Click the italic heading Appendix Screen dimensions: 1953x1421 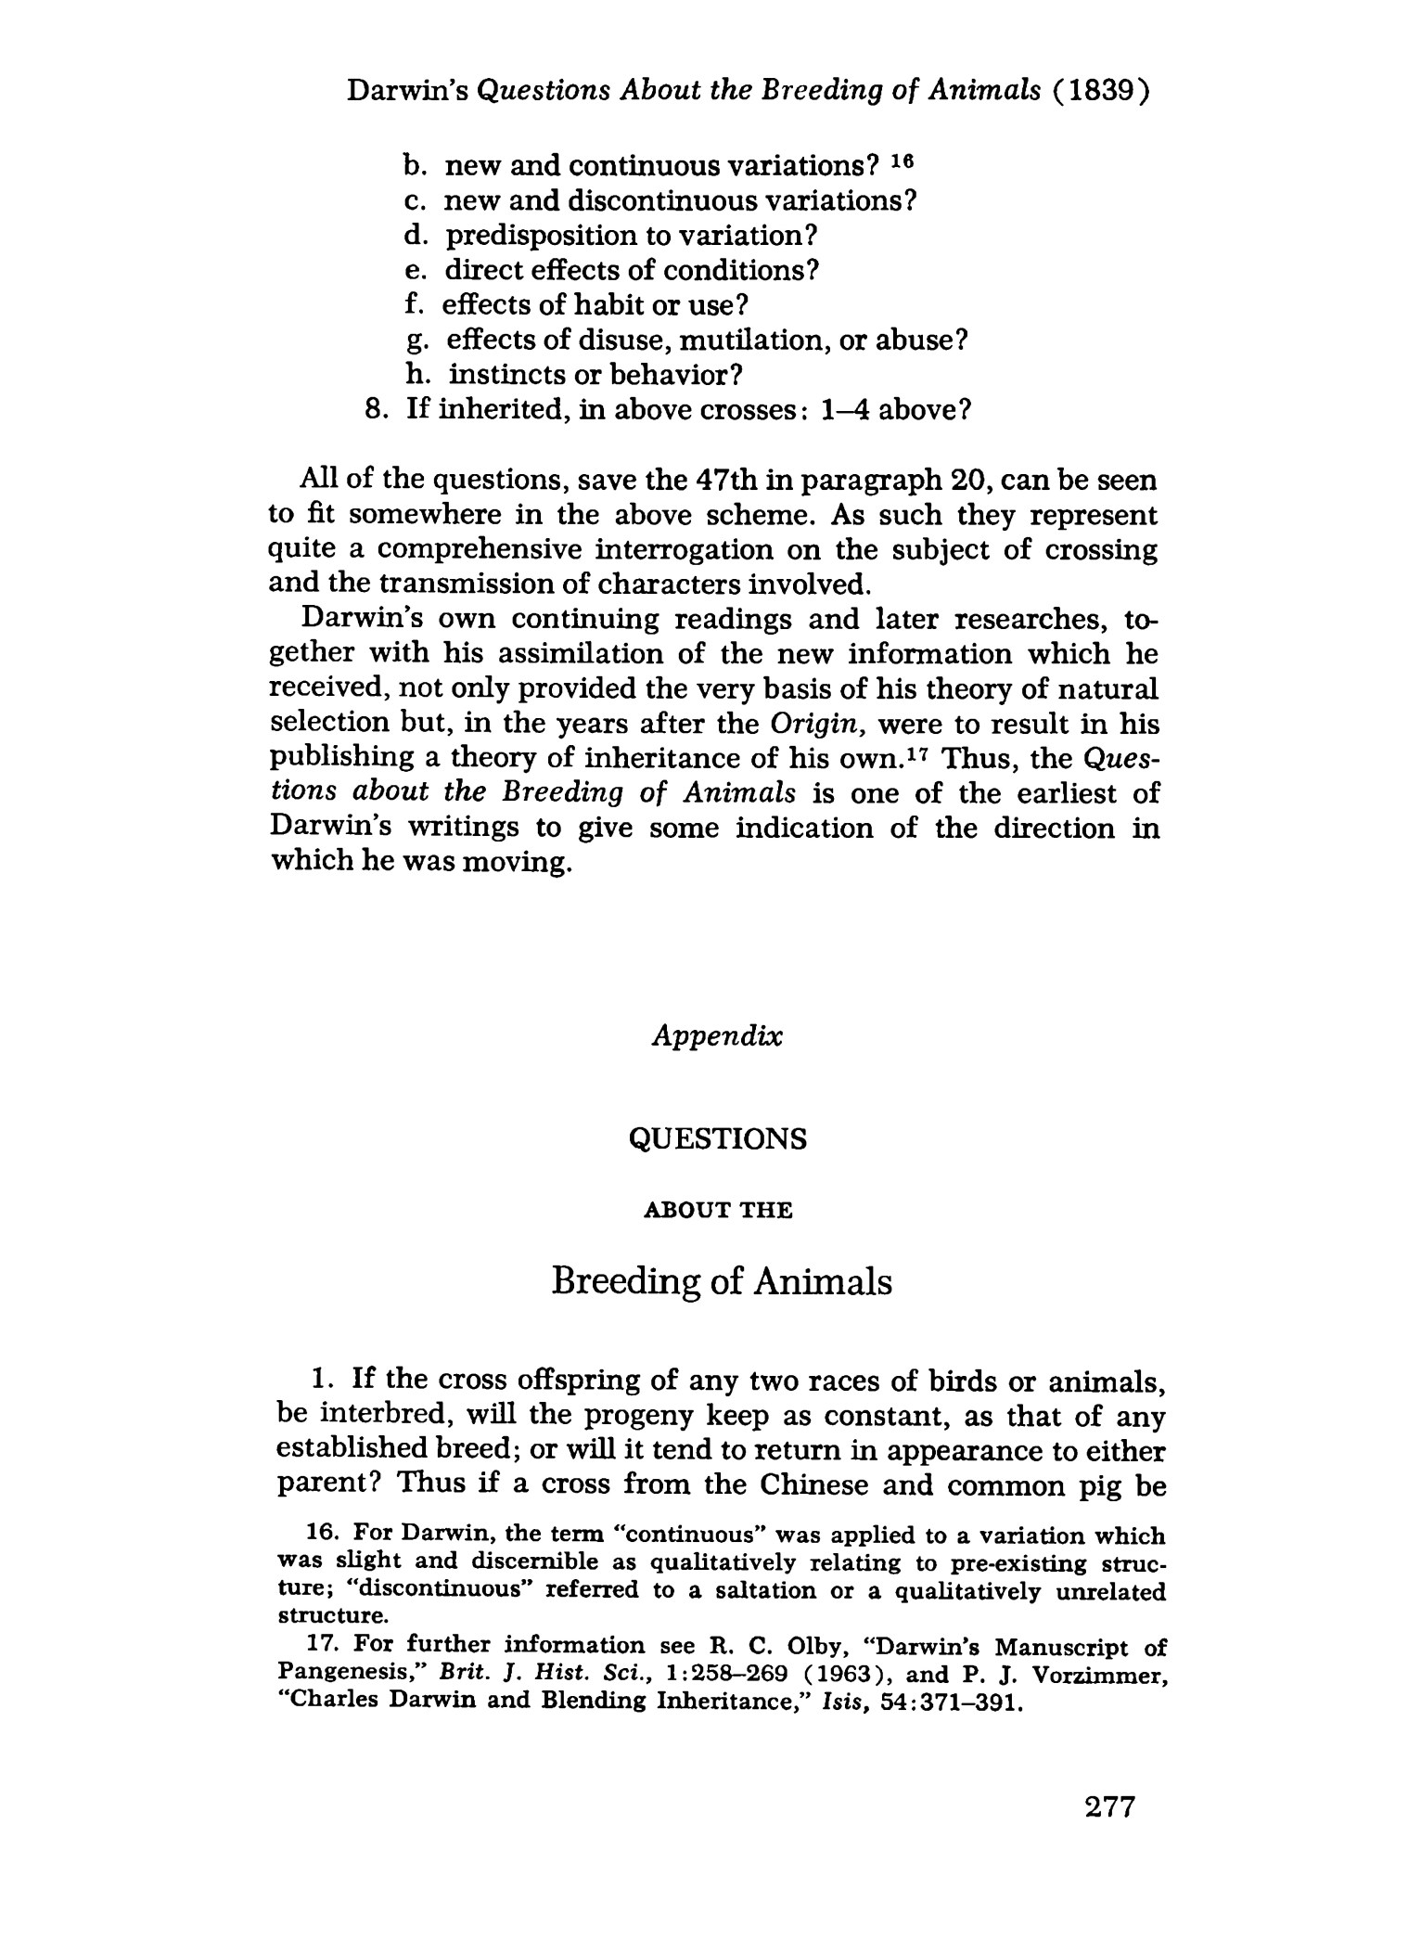717,1035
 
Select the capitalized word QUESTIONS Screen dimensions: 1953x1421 718,1138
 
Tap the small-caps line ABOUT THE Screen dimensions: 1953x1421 718,1211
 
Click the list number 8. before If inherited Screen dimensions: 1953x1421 376,409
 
